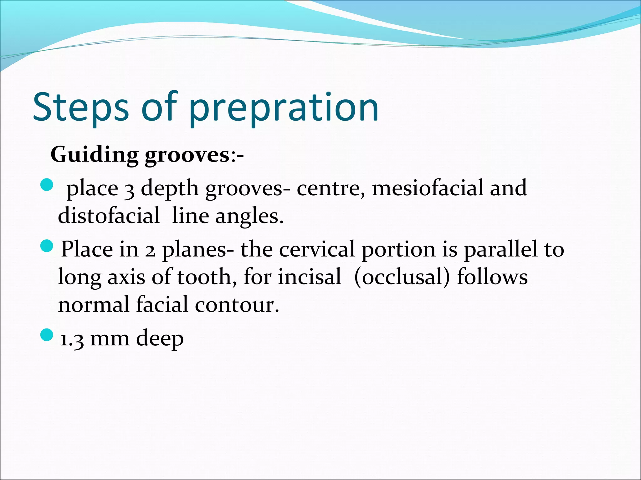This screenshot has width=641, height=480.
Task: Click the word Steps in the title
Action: (x=81, y=107)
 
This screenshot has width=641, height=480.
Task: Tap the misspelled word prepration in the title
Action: (x=284, y=107)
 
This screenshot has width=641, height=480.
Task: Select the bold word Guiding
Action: (x=94, y=154)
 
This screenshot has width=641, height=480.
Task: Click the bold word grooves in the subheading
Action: (x=187, y=155)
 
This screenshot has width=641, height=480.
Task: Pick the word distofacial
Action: (x=109, y=216)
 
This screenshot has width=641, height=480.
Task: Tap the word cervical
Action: (x=317, y=249)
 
